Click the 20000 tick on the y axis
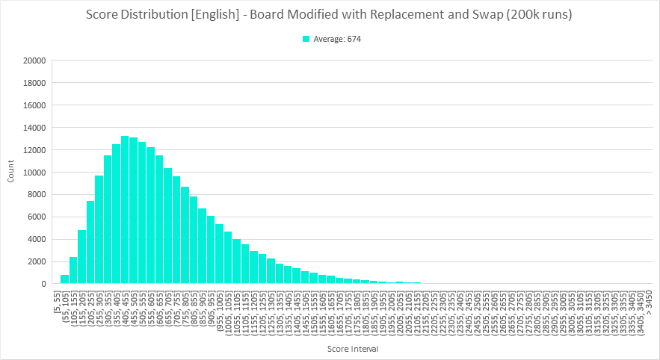tap(35, 60)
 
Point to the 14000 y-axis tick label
tap(35, 128)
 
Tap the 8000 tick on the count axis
tap(37, 195)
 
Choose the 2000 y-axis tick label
tap(37, 261)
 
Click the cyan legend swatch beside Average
tap(306, 39)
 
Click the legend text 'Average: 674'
tap(337, 39)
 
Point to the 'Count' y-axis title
tap(10, 173)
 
